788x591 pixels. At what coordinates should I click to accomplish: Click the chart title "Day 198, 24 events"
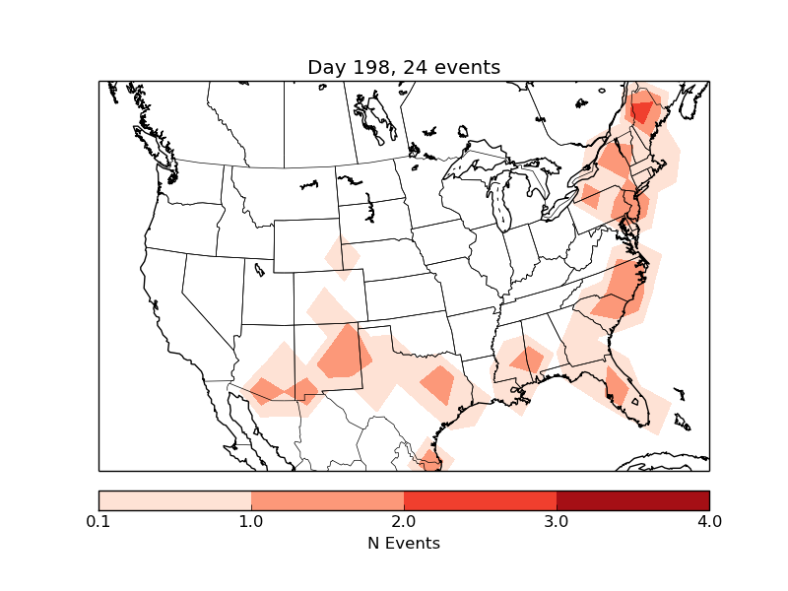(x=404, y=67)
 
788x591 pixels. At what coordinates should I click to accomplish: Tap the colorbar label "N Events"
(x=404, y=543)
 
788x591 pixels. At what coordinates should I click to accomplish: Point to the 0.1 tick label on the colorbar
(x=98, y=521)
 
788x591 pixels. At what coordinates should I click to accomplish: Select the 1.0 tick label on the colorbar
(x=251, y=521)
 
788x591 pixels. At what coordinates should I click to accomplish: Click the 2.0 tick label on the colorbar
(x=404, y=521)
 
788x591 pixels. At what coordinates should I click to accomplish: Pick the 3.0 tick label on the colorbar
(x=557, y=521)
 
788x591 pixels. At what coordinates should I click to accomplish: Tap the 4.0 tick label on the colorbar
(x=709, y=521)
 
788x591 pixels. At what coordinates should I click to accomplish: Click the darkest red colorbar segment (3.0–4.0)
(x=632, y=500)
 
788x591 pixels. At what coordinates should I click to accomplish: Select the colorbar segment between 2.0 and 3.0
(x=480, y=500)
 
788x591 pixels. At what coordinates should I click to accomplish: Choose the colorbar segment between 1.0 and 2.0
(x=327, y=500)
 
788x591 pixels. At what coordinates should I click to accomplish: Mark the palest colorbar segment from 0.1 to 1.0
(x=174, y=500)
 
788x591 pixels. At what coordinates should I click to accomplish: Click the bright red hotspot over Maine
(x=642, y=111)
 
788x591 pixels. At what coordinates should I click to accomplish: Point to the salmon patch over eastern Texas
(x=436, y=383)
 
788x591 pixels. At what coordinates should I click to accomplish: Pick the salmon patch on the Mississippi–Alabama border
(x=525, y=357)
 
